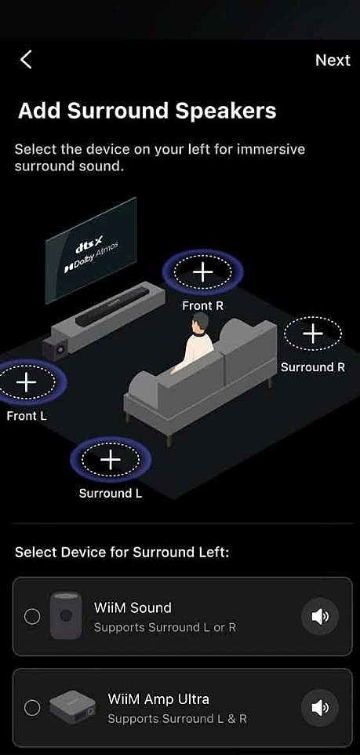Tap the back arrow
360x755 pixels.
coord(26,60)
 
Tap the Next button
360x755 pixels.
coord(333,60)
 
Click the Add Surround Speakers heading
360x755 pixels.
coord(147,111)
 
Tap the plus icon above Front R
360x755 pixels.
coord(202,272)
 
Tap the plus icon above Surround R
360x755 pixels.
coord(313,334)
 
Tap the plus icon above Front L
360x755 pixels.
coord(26,382)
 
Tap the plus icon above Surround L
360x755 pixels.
coord(111,460)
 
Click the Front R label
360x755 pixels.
coord(202,306)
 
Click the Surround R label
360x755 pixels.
coord(313,367)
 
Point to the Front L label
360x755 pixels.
coord(27,415)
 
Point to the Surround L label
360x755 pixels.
coord(111,494)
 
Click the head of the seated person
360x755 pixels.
coord(200,323)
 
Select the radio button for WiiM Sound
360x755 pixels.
coord(31,616)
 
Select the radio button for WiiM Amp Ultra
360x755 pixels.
coord(31,707)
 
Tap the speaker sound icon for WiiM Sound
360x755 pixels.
coord(320,616)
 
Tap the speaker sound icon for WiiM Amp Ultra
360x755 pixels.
coord(320,707)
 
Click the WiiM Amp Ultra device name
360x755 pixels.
coord(158,698)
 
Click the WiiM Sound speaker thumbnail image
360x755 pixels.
coord(66,616)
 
